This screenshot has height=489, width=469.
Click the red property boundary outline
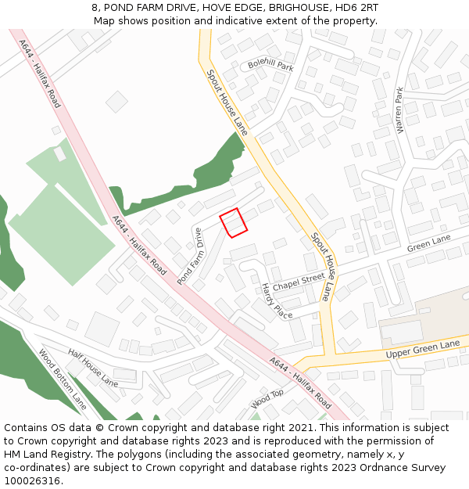tap(233, 222)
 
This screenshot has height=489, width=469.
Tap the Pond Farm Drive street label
tap(190, 256)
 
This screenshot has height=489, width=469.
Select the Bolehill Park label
tap(270, 65)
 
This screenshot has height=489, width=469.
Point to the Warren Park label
tap(400, 110)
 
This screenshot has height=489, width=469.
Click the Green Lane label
tap(429, 243)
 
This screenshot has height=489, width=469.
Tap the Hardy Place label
tap(276, 301)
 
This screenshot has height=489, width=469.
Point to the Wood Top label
tap(267, 399)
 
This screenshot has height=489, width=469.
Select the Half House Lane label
tap(93, 368)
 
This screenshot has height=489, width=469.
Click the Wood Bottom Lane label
tap(63, 379)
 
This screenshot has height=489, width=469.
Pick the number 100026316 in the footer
tap(33, 481)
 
